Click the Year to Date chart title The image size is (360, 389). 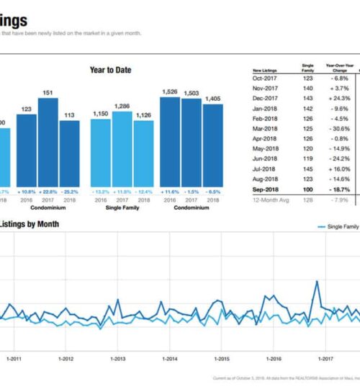[110, 70]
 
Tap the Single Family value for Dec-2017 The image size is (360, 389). [307, 97]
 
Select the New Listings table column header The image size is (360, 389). [266, 68]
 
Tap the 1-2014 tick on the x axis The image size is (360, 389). [169, 358]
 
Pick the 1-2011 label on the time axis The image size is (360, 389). [14, 358]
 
